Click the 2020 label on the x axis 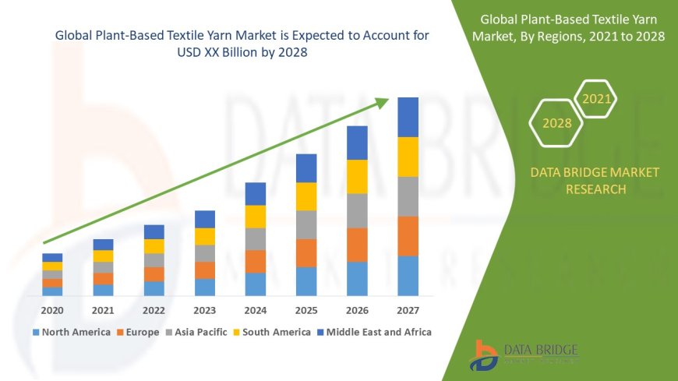pyautogui.click(x=52, y=311)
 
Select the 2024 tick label pyautogui.click(x=255, y=311)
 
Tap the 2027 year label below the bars pyautogui.click(x=408, y=311)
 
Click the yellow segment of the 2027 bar pyautogui.click(x=408, y=157)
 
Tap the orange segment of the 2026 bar pyautogui.click(x=357, y=245)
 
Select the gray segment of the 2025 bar pyautogui.click(x=306, y=224)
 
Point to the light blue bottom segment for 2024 pyautogui.click(x=255, y=284)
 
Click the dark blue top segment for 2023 pyautogui.click(x=204, y=219)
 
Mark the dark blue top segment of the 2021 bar pyautogui.click(x=103, y=245)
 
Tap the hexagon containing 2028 pyautogui.click(x=556, y=123)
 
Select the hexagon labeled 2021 pyautogui.click(x=597, y=99)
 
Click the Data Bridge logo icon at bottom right pyautogui.click(x=485, y=355)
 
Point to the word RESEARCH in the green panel pyautogui.click(x=595, y=189)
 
